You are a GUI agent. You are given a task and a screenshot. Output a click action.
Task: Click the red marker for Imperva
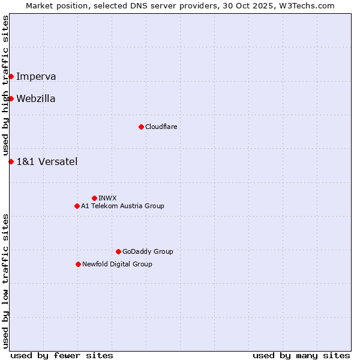click(11, 76)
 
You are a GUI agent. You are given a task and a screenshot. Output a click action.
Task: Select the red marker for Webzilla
click(11, 98)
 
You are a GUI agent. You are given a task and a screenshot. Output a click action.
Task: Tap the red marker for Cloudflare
click(141, 127)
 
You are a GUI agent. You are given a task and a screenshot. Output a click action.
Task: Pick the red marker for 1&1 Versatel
click(11, 161)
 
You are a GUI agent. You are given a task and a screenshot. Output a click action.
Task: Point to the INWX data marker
click(94, 198)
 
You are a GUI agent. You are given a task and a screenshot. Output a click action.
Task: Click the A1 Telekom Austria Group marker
click(77, 206)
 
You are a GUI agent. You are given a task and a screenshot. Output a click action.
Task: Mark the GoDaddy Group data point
click(118, 251)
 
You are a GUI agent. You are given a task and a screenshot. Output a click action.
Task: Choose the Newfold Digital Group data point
click(78, 264)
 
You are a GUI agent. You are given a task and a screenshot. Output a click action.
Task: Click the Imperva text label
click(36, 76)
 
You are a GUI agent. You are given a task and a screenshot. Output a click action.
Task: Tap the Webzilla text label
click(36, 98)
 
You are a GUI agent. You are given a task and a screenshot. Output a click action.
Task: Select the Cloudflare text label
click(161, 127)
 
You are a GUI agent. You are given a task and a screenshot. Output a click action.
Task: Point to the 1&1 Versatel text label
click(47, 161)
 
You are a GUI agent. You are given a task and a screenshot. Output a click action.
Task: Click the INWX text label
click(107, 198)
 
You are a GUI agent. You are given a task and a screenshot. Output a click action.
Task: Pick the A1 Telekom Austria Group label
click(122, 206)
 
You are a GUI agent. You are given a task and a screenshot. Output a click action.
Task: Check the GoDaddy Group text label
click(148, 251)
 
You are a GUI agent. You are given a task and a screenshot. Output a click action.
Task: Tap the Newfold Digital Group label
click(117, 264)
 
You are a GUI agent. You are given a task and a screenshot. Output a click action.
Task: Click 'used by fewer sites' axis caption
click(62, 355)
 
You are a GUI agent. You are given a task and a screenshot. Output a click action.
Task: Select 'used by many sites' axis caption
click(301, 355)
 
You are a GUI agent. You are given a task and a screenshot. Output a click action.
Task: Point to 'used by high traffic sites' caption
click(6, 85)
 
